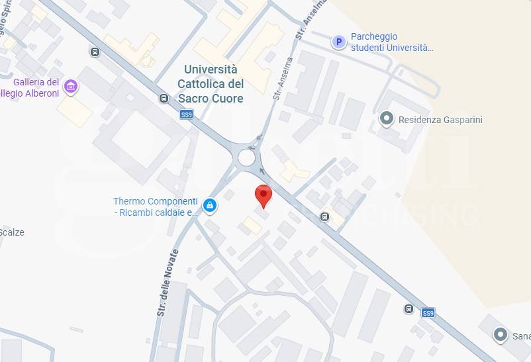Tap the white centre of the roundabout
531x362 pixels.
[x=246, y=158]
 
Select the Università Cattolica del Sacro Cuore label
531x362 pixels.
[x=211, y=84]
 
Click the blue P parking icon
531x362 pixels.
[x=339, y=42]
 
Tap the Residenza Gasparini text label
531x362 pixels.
[x=440, y=120]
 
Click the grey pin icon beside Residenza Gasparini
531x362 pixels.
[x=386, y=119]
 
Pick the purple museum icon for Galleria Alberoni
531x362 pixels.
[x=71, y=87]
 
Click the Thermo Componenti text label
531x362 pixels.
[x=156, y=206]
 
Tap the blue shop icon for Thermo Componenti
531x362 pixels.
[x=210, y=206]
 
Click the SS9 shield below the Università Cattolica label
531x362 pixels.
[x=187, y=114]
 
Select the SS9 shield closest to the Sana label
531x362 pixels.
[x=428, y=312]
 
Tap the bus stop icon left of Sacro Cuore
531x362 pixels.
[x=164, y=99]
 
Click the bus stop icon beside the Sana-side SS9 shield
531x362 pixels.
[x=409, y=308]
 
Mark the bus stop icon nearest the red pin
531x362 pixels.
[x=324, y=216]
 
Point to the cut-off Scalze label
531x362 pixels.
[x=12, y=232]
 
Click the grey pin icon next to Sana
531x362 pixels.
[x=501, y=335]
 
